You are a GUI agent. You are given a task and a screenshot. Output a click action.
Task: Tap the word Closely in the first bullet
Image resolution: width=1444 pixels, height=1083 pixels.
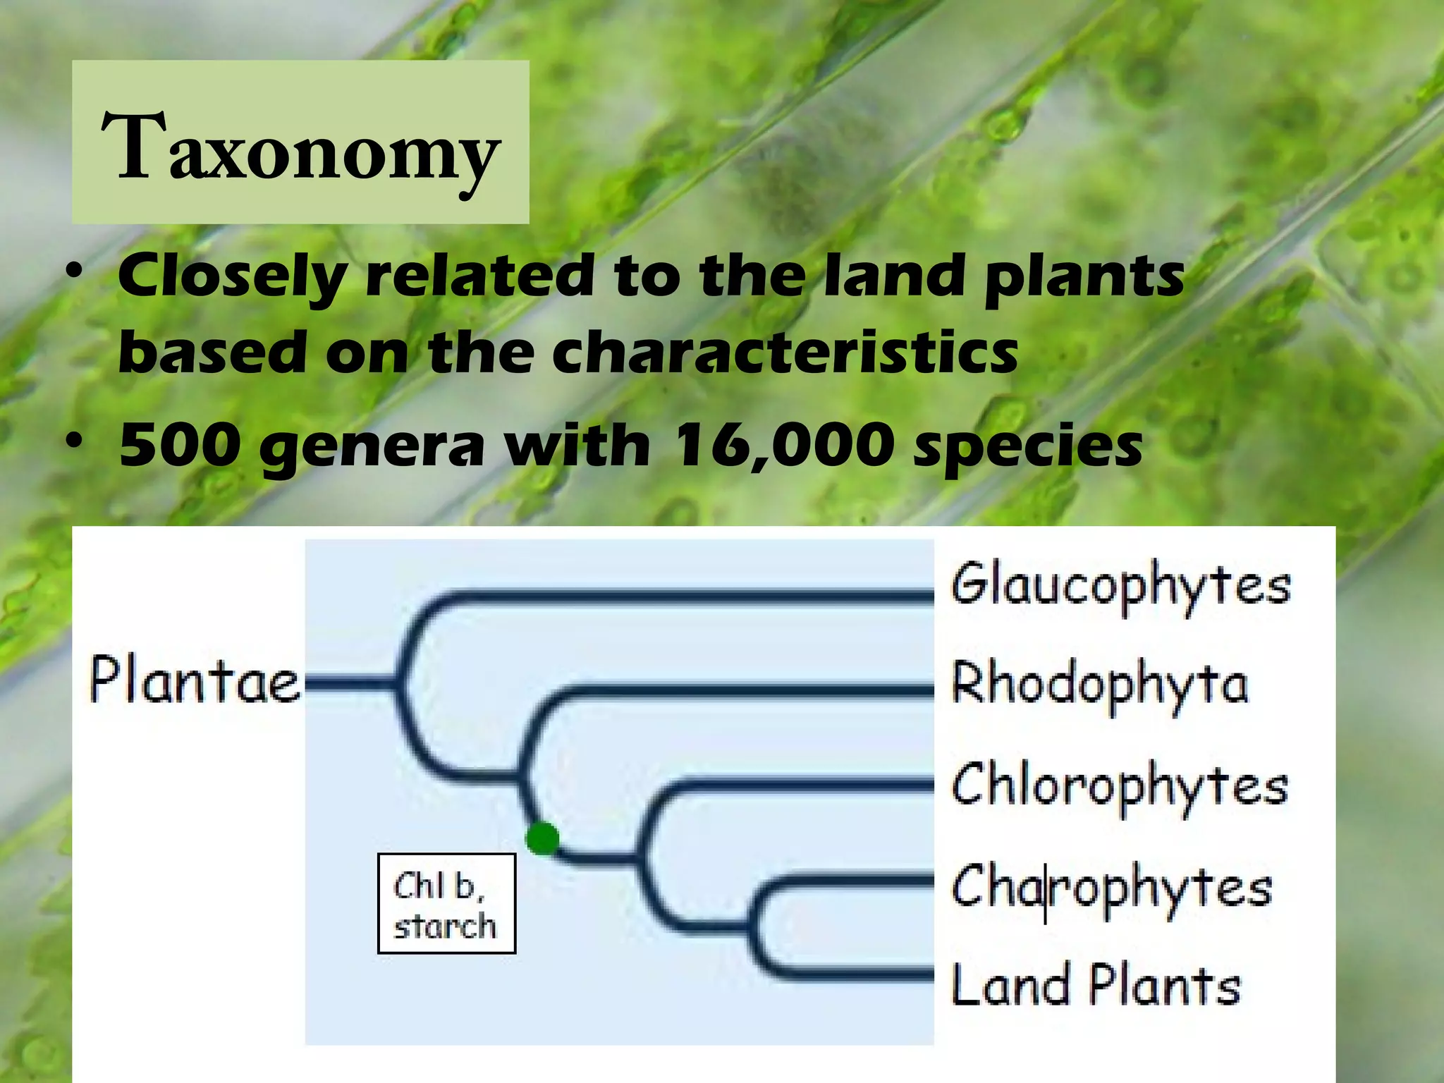pyautogui.click(x=231, y=276)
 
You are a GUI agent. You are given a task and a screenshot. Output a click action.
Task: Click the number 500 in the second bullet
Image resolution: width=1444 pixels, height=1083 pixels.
pyautogui.click(x=176, y=446)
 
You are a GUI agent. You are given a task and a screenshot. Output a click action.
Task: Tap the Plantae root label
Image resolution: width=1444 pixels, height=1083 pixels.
pyautogui.click(x=195, y=681)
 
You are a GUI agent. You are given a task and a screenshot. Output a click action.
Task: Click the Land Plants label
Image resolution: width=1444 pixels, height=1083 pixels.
pyautogui.click(x=1096, y=985)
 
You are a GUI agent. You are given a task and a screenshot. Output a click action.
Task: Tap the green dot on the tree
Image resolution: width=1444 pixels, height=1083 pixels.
pyautogui.click(x=543, y=839)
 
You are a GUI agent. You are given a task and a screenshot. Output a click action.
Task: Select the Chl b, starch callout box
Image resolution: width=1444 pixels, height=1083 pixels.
pyautogui.click(x=446, y=903)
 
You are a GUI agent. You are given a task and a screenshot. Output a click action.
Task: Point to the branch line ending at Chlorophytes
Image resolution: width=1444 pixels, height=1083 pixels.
pyautogui.click(x=797, y=783)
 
